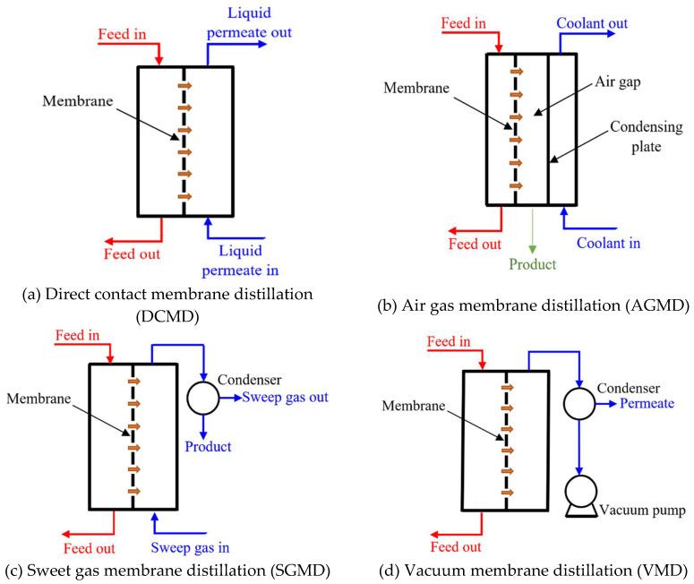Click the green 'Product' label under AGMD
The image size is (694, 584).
click(x=532, y=265)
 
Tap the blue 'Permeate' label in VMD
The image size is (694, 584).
click(x=638, y=405)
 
